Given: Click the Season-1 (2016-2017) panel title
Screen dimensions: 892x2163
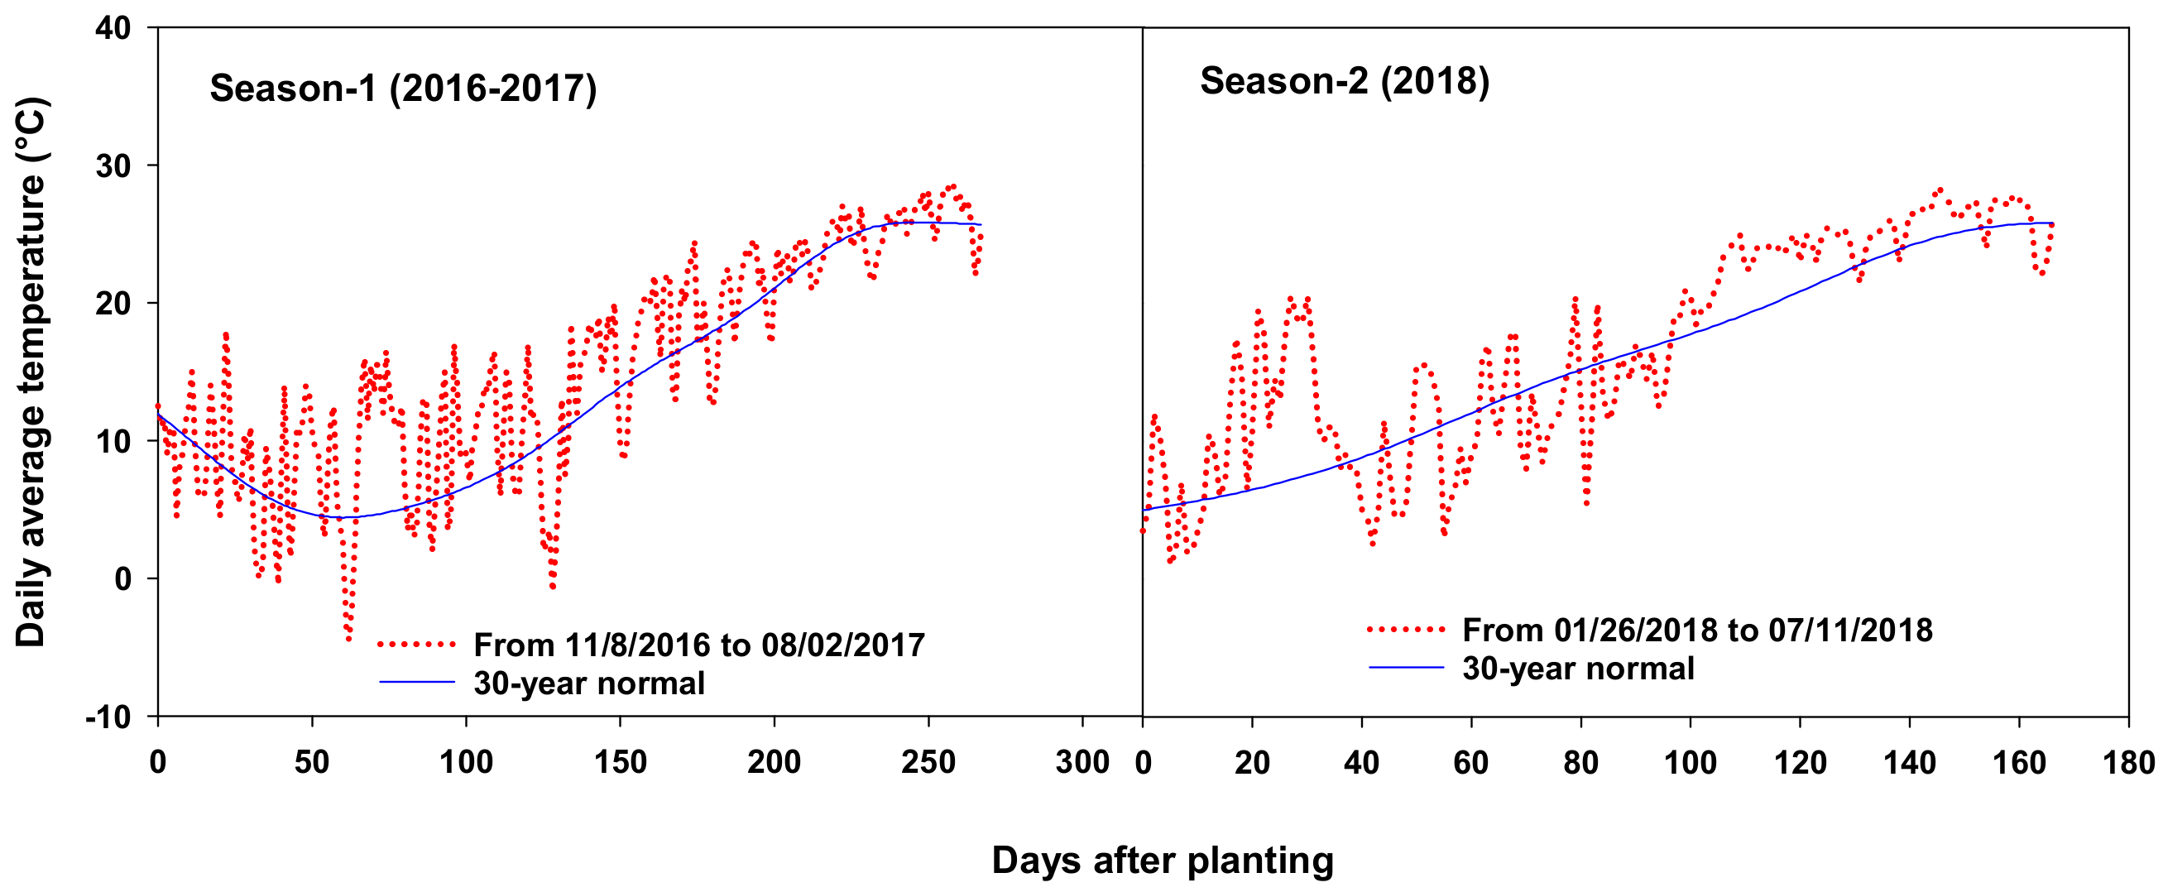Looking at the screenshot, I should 403,89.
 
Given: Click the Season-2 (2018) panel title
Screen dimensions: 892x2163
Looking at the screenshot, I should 1345,80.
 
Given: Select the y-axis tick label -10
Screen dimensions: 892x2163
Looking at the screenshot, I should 109,717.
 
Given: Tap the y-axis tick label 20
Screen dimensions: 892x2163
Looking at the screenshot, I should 113,303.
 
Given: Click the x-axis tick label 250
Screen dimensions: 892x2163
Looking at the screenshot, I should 928,763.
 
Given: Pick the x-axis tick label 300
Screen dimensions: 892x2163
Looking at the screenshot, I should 1081,763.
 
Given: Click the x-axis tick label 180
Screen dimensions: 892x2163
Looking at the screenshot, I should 2127,763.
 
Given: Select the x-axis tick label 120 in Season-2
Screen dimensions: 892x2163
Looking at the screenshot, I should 1800,763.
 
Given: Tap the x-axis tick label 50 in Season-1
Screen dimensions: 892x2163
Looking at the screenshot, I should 311,763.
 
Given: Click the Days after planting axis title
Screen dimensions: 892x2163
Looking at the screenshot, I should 1162,861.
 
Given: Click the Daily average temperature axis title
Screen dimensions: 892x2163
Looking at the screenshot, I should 31,373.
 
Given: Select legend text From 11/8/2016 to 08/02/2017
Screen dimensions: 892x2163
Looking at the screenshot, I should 698,645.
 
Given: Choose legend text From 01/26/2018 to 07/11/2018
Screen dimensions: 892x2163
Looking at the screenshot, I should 1697,630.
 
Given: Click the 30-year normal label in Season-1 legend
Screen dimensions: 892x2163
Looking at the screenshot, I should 588,683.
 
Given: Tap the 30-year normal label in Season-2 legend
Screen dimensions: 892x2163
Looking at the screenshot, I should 1578,669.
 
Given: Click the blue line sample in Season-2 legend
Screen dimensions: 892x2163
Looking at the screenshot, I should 1406,668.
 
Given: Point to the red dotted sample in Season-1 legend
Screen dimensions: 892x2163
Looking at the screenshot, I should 416,645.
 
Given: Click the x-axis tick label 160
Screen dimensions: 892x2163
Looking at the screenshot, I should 2018,763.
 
